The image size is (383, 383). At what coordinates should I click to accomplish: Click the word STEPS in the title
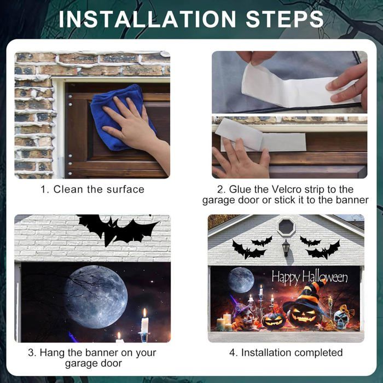[x=285, y=19]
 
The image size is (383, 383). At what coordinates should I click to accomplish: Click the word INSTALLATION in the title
[x=147, y=19]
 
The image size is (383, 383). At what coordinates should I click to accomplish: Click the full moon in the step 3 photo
[x=96, y=297]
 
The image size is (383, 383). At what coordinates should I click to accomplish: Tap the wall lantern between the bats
[x=286, y=247]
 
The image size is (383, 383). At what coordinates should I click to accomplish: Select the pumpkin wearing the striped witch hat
[x=304, y=306]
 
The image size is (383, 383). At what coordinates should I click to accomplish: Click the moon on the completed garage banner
[x=241, y=280]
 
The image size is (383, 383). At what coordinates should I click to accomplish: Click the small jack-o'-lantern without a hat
[x=274, y=321]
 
